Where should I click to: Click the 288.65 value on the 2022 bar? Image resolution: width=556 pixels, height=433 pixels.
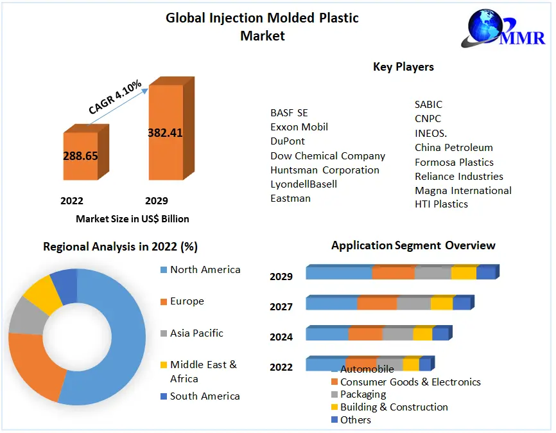click(80, 155)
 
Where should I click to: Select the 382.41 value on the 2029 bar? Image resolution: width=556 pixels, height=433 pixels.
click(165, 133)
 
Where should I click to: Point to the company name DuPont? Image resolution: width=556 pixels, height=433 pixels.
click(288, 141)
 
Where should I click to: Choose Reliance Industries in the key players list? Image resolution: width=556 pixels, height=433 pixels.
click(458, 177)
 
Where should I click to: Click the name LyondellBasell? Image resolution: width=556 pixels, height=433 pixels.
click(304, 184)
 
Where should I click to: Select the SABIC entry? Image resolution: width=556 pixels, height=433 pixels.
click(428, 105)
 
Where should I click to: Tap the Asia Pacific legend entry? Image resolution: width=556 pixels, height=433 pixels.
click(196, 333)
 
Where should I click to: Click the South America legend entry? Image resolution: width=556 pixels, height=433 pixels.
click(204, 396)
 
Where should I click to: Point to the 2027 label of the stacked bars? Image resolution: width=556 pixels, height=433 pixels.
click(281, 307)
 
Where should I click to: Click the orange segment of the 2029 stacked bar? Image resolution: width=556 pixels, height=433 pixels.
click(393, 273)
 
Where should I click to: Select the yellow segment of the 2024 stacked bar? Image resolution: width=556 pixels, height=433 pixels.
click(422, 334)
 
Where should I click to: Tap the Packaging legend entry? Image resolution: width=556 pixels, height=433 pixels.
click(363, 394)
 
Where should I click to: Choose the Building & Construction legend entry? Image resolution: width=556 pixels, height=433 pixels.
click(394, 407)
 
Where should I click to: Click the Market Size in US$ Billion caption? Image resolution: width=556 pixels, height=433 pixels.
click(132, 219)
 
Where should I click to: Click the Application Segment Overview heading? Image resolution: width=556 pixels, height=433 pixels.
click(413, 245)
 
